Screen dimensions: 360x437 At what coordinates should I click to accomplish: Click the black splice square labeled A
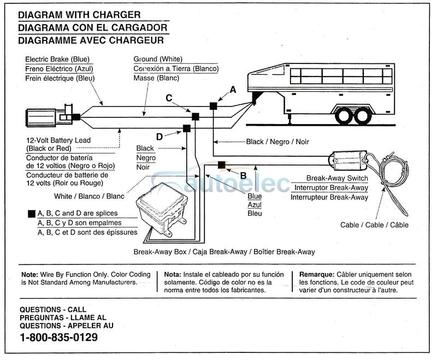pos(214,105)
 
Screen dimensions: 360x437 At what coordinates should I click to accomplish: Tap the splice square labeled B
pos(222,164)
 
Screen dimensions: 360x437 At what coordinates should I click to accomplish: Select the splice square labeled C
pos(194,116)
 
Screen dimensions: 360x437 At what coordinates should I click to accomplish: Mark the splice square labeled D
pos(186,128)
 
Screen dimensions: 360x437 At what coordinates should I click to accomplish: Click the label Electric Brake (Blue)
pos(57,59)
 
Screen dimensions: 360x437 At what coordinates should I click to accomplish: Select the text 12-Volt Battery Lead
pos(58,140)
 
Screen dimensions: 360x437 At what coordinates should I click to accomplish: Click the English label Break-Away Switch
pos(336,178)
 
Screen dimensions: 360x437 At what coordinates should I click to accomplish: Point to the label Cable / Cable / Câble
pos(374,225)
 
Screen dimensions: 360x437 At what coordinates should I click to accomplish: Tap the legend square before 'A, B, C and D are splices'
pos(30,214)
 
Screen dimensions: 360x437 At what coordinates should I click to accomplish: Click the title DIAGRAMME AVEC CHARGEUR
pos(90,39)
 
